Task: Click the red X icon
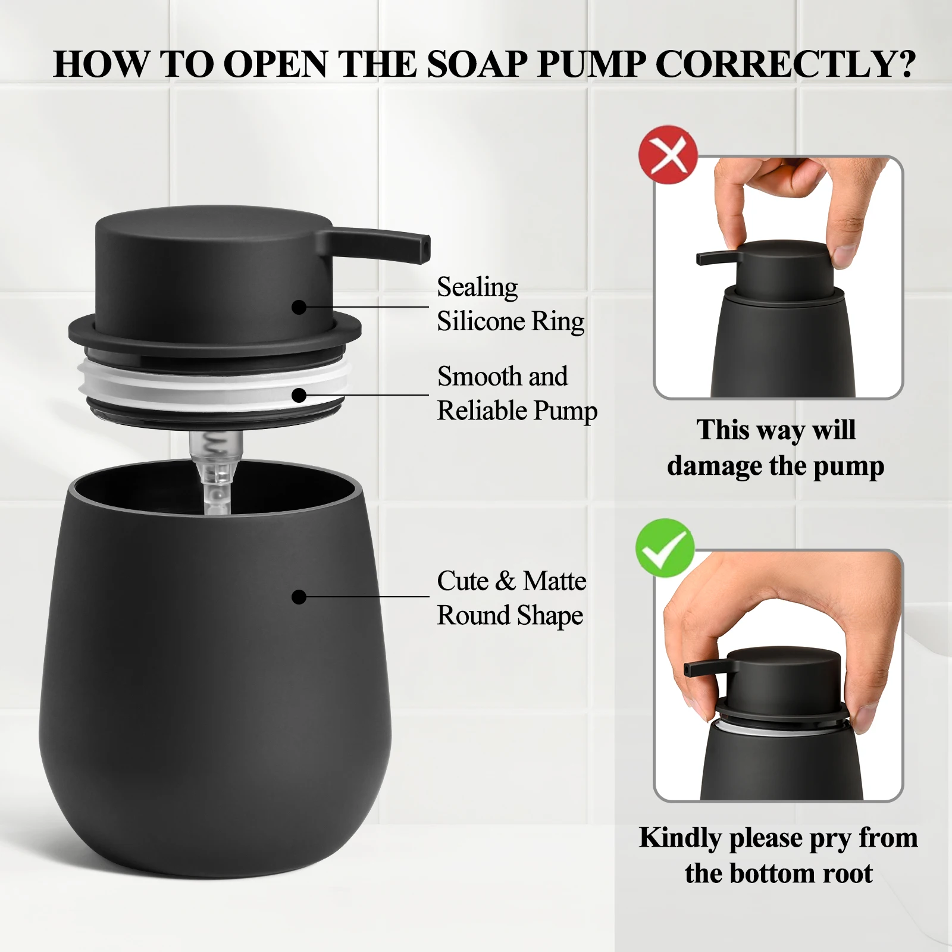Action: click(x=668, y=155)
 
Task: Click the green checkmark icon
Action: click(x=665, y=547)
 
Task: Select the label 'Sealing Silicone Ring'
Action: click(x=510, y=304)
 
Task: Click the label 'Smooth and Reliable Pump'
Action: click(x=516, y=393)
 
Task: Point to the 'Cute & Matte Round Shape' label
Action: click(x=511, y=597)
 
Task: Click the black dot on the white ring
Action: click(x=299, y=395)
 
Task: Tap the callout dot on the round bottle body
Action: click(x=299, y=597)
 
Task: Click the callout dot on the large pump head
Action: click(x=299, y=307)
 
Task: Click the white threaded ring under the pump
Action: click(x=214, y=381)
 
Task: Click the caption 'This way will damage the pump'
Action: click(x=775, y=447)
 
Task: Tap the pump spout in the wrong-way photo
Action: click(x=712, y=258)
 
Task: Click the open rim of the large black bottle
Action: click(x=214, y=476)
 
